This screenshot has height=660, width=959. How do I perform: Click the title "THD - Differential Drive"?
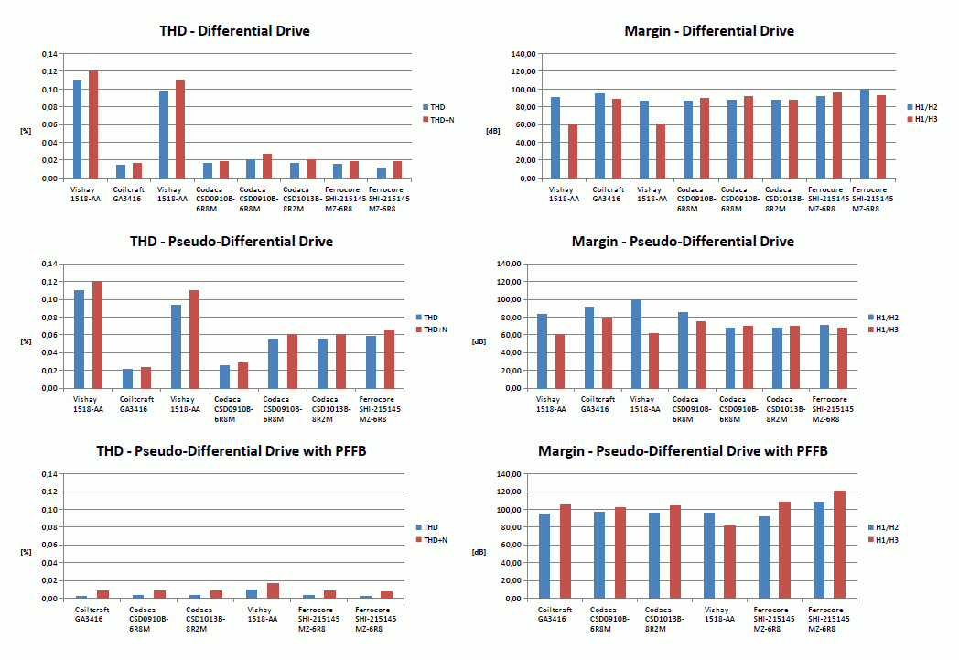pos(235,31)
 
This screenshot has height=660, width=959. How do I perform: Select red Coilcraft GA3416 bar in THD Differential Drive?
pos(137,170)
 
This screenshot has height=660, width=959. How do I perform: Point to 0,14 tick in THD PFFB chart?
pos(50,474)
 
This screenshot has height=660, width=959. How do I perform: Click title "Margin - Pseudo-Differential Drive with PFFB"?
pos(683,451)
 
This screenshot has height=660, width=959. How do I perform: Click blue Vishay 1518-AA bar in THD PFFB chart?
pos(252,594)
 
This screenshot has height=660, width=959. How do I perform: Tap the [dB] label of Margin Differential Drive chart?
pos(492,131)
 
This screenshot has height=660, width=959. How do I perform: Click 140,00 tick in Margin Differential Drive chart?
pos(522,54)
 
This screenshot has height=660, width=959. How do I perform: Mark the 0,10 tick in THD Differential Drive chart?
pos(50,90)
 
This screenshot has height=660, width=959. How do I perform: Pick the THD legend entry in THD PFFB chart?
pos(430,527)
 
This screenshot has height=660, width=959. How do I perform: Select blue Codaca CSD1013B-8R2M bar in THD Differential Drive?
pos(294,170)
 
